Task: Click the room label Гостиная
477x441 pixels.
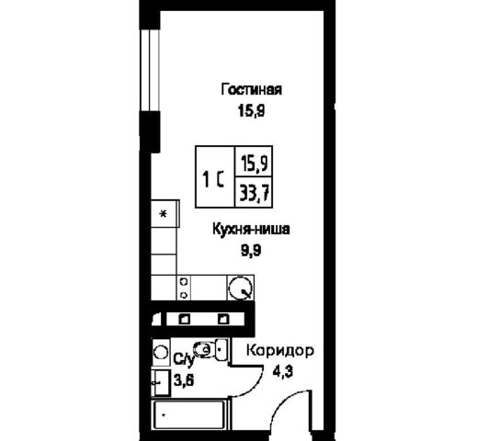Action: [x=251, y=90]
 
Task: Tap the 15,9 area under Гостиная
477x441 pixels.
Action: [x=251, y=111]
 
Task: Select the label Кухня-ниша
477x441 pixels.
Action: [x=251, y=230]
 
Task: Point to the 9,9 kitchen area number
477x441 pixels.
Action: [x=251, y=251]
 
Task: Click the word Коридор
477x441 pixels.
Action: [x=280, y=351]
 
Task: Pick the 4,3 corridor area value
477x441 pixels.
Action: [x=283, y=372]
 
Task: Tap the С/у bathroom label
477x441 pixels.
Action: [x=184, y=359]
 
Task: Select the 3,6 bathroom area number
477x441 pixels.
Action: [x=184, y=380]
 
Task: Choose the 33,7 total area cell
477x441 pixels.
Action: [x=254, y=193]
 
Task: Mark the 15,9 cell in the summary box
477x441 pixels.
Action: [x=254, y=162]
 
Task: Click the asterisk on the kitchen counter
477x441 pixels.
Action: [x=164, y=214]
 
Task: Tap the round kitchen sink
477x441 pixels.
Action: [x=240, y=288]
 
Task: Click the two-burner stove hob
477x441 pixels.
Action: [x=184, y=288]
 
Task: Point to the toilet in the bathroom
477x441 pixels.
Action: [x=210, y=349]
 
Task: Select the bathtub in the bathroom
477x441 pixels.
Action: [x=190, y=414]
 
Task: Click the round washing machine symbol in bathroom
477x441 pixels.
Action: [x=161, y=352]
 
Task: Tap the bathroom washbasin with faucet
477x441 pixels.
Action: [x=160, y=382]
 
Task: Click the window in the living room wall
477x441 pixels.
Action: [x=150, y=71]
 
